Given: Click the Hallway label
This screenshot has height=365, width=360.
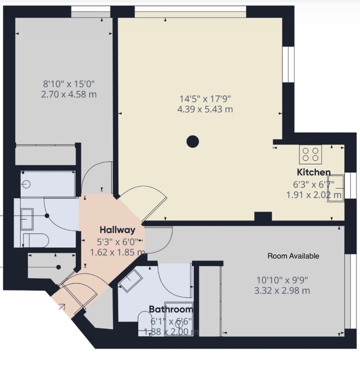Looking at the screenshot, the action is click(117, 230).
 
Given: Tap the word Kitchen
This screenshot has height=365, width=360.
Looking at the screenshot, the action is click(313, 172).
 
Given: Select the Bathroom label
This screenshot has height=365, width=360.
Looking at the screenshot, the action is click(171, 309).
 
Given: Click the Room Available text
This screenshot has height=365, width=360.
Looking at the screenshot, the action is click(293, 256).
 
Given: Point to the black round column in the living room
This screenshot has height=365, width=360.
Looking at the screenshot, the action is click(193, 141).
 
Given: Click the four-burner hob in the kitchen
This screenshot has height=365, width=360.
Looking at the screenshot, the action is click(310, 154).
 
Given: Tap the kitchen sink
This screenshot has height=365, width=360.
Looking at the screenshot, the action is click(336, 188).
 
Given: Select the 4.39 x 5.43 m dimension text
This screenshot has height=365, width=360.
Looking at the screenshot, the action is click(205, 109).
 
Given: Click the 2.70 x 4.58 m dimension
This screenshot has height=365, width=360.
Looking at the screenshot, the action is click(69, 94).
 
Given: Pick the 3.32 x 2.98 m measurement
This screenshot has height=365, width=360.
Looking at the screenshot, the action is click(282, 291).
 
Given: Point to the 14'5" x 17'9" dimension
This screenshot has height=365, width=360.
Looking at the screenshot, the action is click(205, 99).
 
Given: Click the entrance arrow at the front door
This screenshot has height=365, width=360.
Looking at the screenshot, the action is click(62, 307).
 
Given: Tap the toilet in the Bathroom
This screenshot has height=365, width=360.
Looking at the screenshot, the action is click(145, 324).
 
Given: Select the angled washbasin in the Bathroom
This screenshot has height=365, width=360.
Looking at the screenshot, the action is click(130, 281).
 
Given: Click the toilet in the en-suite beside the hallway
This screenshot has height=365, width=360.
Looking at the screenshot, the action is click(36, 240).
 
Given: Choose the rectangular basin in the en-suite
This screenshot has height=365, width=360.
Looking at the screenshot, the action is click(27, 219).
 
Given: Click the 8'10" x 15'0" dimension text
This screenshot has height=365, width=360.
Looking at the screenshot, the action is click(69, 83).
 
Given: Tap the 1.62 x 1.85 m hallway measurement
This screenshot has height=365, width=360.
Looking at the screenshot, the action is click(118, 252).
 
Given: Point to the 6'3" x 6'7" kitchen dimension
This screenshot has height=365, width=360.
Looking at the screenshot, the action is click(313, 185).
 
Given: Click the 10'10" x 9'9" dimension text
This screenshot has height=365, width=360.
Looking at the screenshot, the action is click(282, 280).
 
